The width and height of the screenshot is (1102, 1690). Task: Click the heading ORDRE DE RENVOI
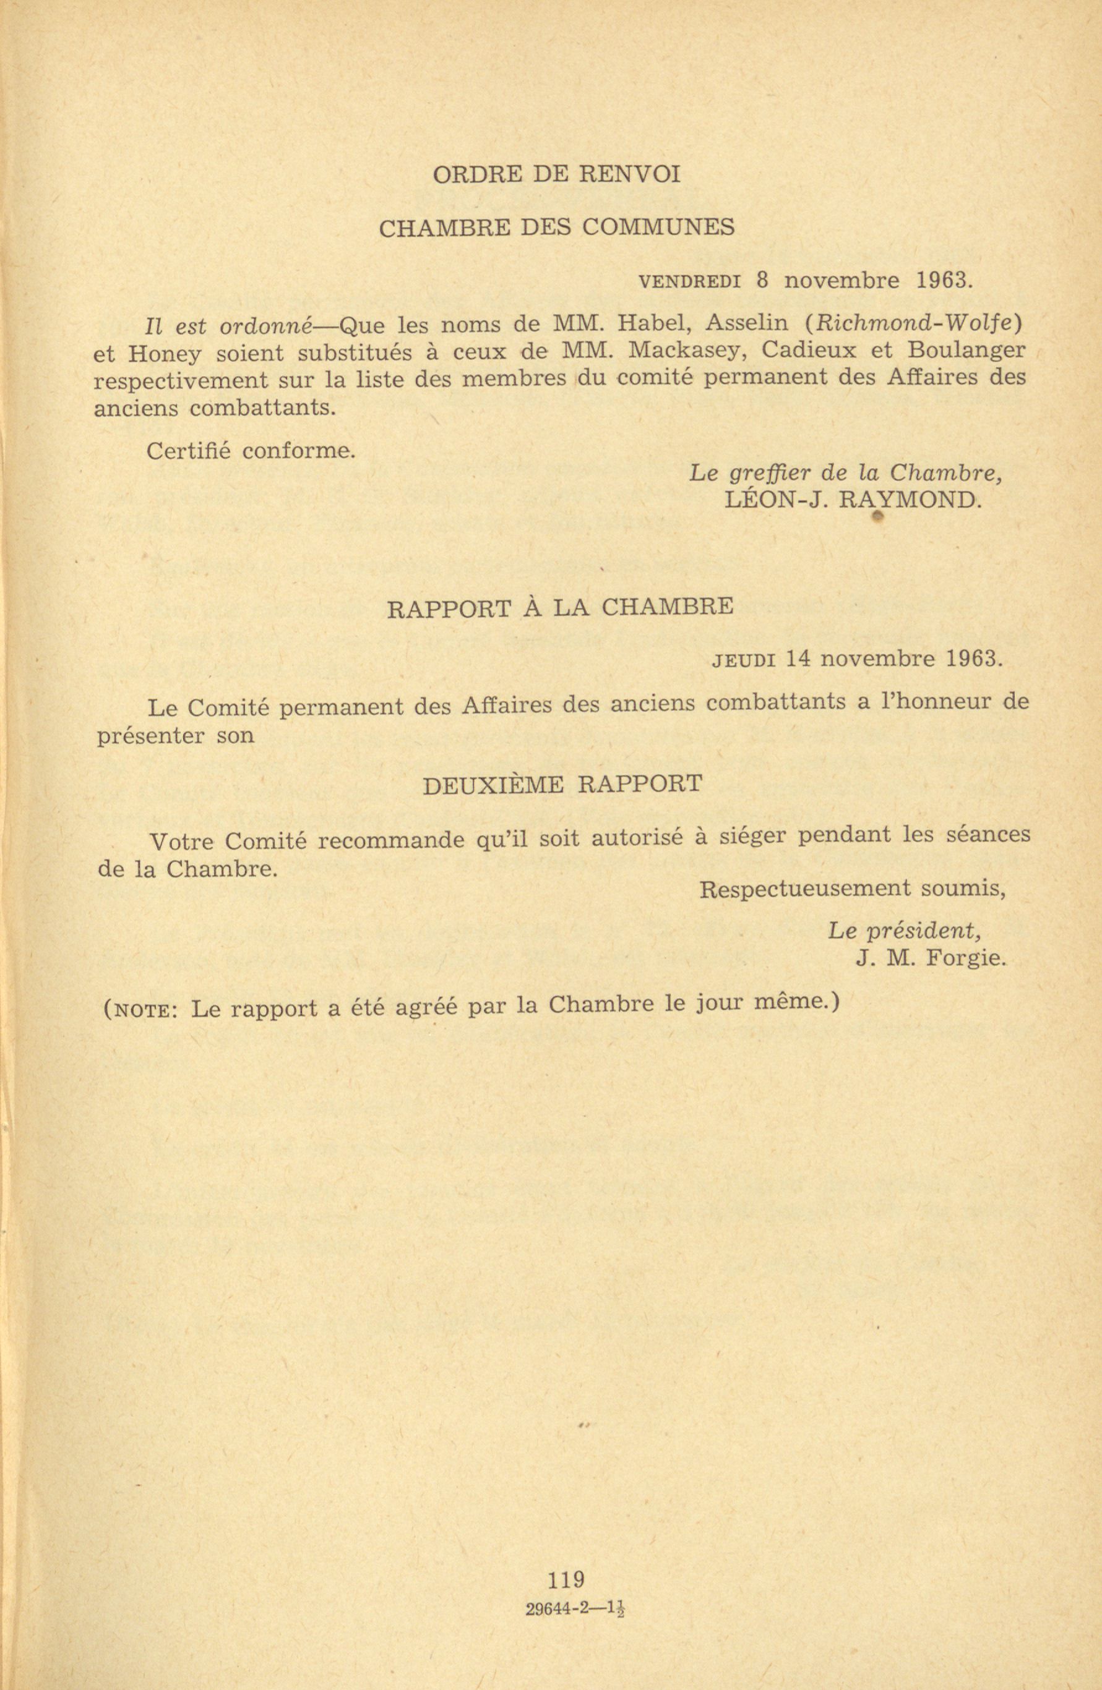pos(556,174)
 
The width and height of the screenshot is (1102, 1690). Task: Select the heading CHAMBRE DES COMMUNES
pos(557,228)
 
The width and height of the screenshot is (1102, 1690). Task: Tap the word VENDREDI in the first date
pos(690,282)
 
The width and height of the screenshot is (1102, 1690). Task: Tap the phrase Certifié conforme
pos(251,451)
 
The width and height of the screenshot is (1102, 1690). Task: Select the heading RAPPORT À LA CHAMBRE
pos(560,608)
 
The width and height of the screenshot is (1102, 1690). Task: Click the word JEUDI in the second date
pos(743,660)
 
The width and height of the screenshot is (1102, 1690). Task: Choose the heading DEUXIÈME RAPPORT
pos(562,784)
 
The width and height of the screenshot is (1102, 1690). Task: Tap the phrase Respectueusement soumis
pos(852,889)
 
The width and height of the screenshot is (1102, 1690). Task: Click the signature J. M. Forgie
pos(931,959)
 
